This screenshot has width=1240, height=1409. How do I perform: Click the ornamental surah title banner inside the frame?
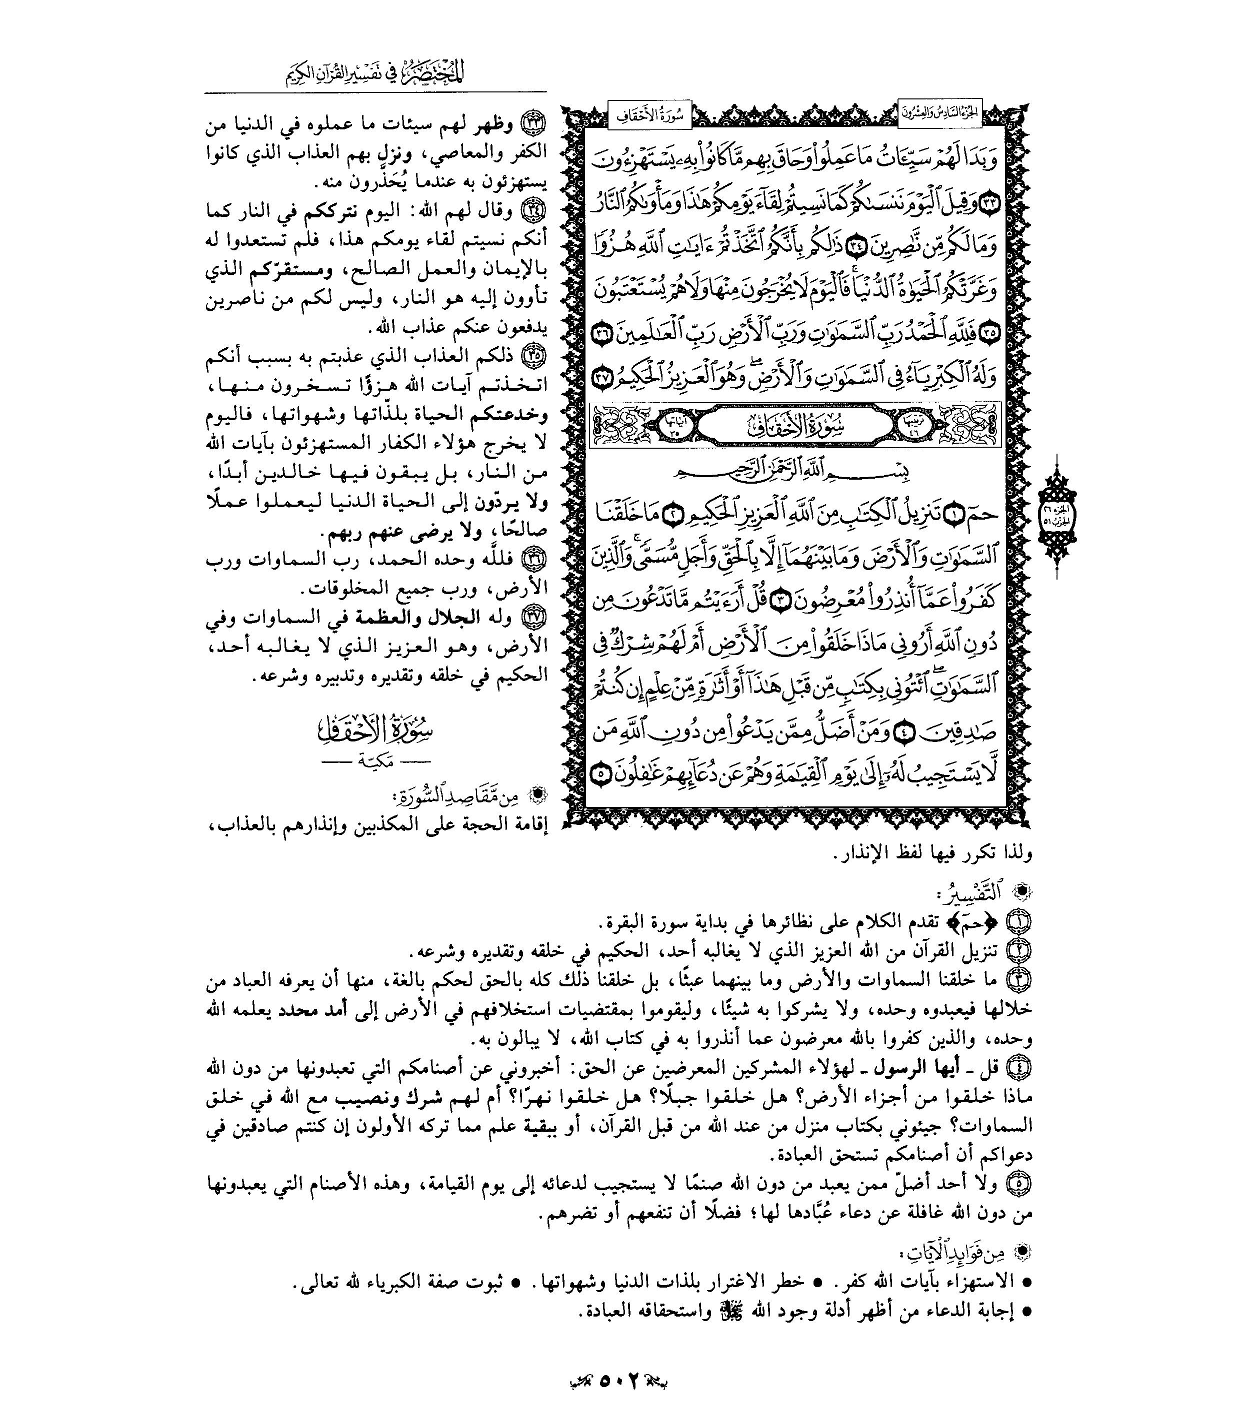pos(793,426)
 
